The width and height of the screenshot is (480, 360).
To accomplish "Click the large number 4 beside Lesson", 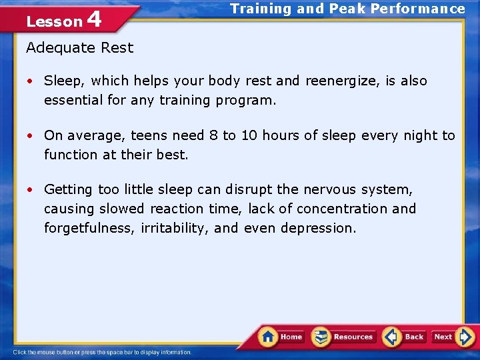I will pos(94,19).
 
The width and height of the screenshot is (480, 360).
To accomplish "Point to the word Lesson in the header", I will pos(54,22).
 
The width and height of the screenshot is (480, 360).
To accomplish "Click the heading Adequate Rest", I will pos(79,48).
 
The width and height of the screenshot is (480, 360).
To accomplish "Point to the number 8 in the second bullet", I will pos(213,136).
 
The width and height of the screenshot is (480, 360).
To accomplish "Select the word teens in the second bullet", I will pos(149,136).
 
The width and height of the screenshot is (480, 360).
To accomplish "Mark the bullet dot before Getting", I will pos(31,190).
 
